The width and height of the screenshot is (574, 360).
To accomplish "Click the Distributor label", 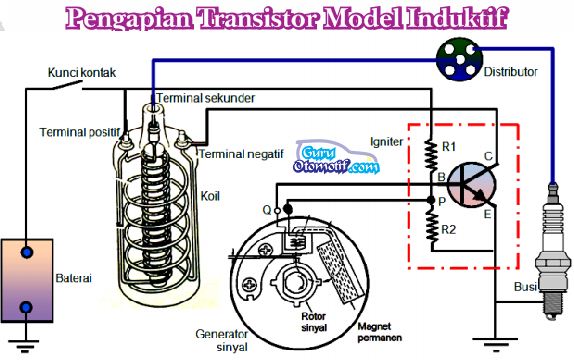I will (510, 72).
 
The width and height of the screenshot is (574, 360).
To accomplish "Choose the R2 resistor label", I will (450, 229).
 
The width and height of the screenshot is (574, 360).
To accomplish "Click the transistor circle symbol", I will (467, 187).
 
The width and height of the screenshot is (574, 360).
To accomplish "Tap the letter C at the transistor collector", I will (487, 157).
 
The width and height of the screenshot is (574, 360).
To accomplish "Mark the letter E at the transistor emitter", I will (488, 214).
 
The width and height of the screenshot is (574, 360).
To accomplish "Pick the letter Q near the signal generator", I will (266, 209).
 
